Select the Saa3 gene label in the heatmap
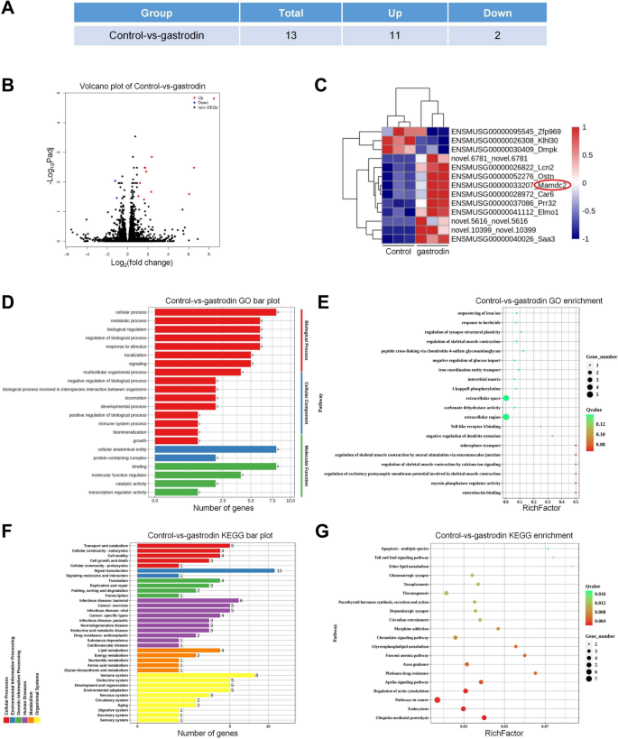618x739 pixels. pyautogui.click(x=528, y=239)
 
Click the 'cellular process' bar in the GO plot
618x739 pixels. pyautogui.click(x=215, y=312)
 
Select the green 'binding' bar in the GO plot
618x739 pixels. pyautogui.click(x=215, y=466)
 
